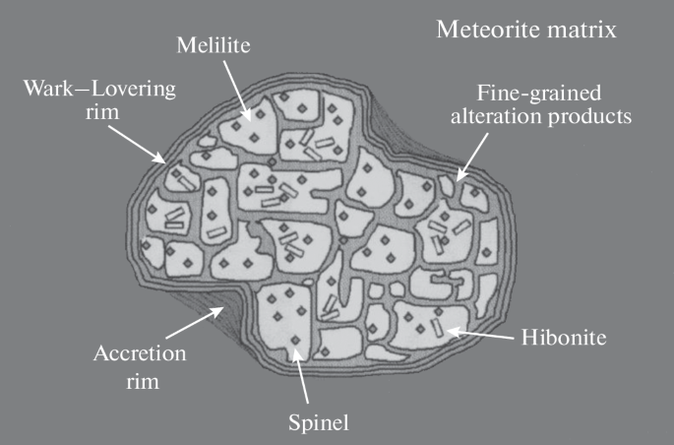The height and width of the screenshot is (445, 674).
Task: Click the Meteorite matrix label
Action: [x=526, y=31]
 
